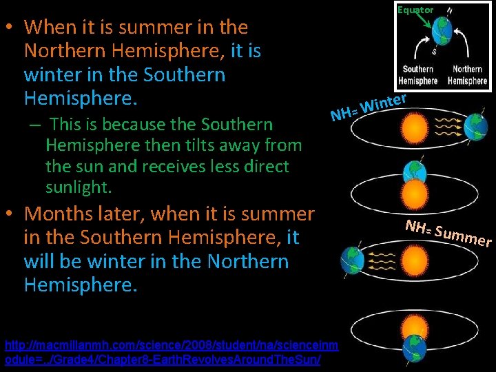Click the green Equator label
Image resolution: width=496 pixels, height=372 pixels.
415,10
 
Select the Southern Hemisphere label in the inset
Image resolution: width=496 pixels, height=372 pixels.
417,75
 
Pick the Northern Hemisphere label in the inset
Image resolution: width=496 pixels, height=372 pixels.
468,75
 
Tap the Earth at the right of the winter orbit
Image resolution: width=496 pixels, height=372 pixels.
475,127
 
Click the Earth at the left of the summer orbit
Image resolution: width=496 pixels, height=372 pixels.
353,260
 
